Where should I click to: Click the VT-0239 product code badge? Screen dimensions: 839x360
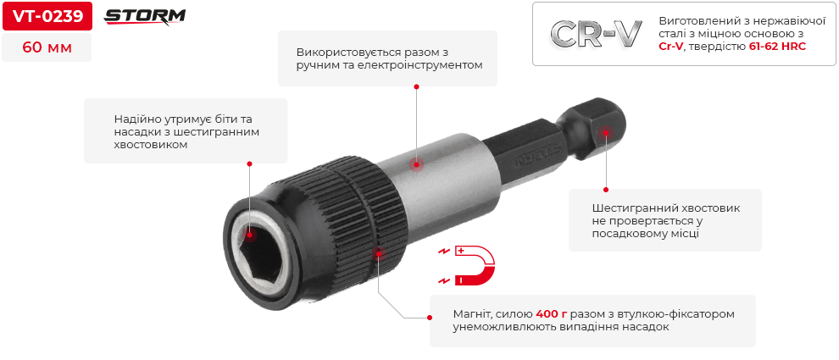pyautogui.click(x=47, y=17)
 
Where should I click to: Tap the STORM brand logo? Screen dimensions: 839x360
pyautogui.click(x=144, y=17)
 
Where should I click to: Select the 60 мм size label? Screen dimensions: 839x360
pyautogui.click(x=47, y=47)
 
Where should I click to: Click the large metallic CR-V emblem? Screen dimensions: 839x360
pyautogui.click(x=596, y=35)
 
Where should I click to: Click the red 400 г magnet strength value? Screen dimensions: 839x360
pyautogui.click(x=552, y=314)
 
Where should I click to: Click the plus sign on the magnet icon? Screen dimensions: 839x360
pyautogui.click(x=460, y=251)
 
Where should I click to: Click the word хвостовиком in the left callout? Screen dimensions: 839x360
pyautogui.click(x=151, y=145)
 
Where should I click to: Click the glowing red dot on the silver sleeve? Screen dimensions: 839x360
pyautogui.click(x=416, y=164)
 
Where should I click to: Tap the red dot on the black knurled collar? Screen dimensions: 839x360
pyautogui.click(x=380, y=253)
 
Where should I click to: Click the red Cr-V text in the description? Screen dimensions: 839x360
pyautogui.click(x=670, y=47)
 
